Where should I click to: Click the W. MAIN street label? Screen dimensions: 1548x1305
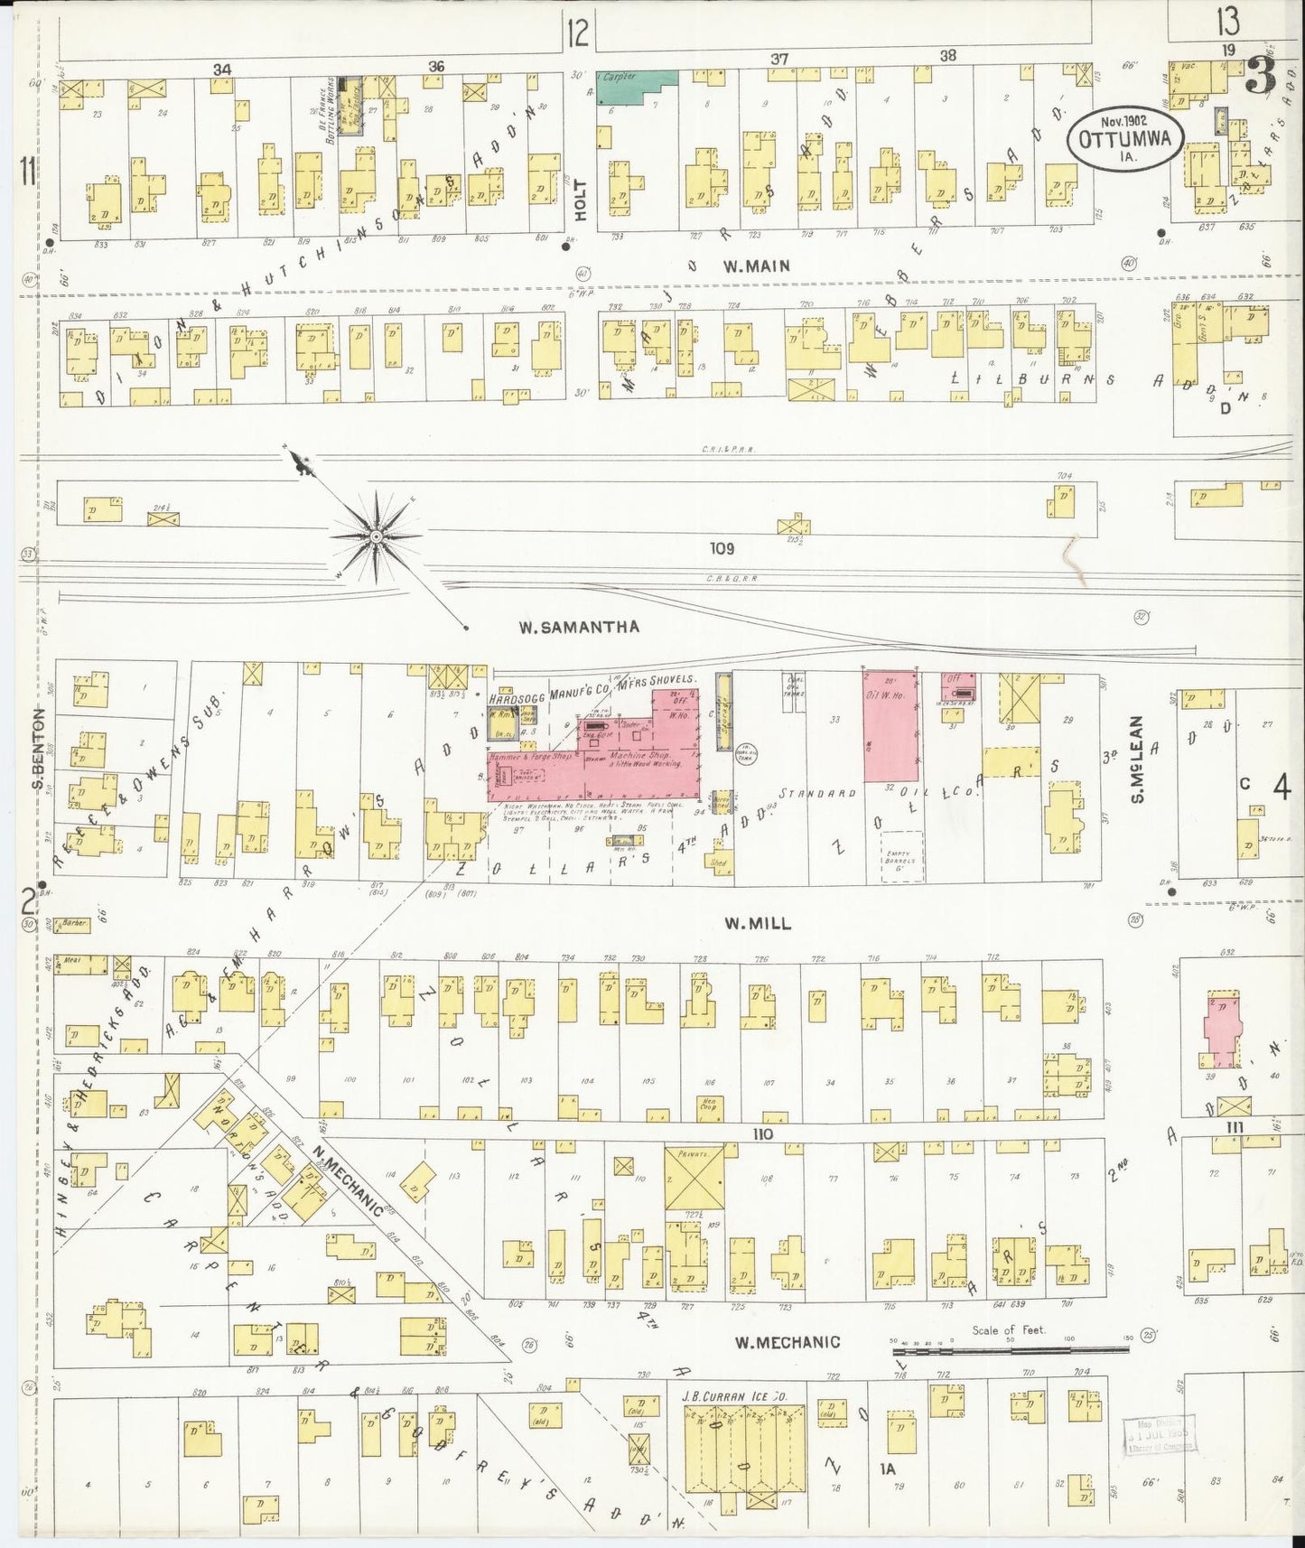tap(757, 266)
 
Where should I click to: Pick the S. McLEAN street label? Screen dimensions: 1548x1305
tap(1140, 759)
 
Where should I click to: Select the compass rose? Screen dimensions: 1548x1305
tap(376, 538)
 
